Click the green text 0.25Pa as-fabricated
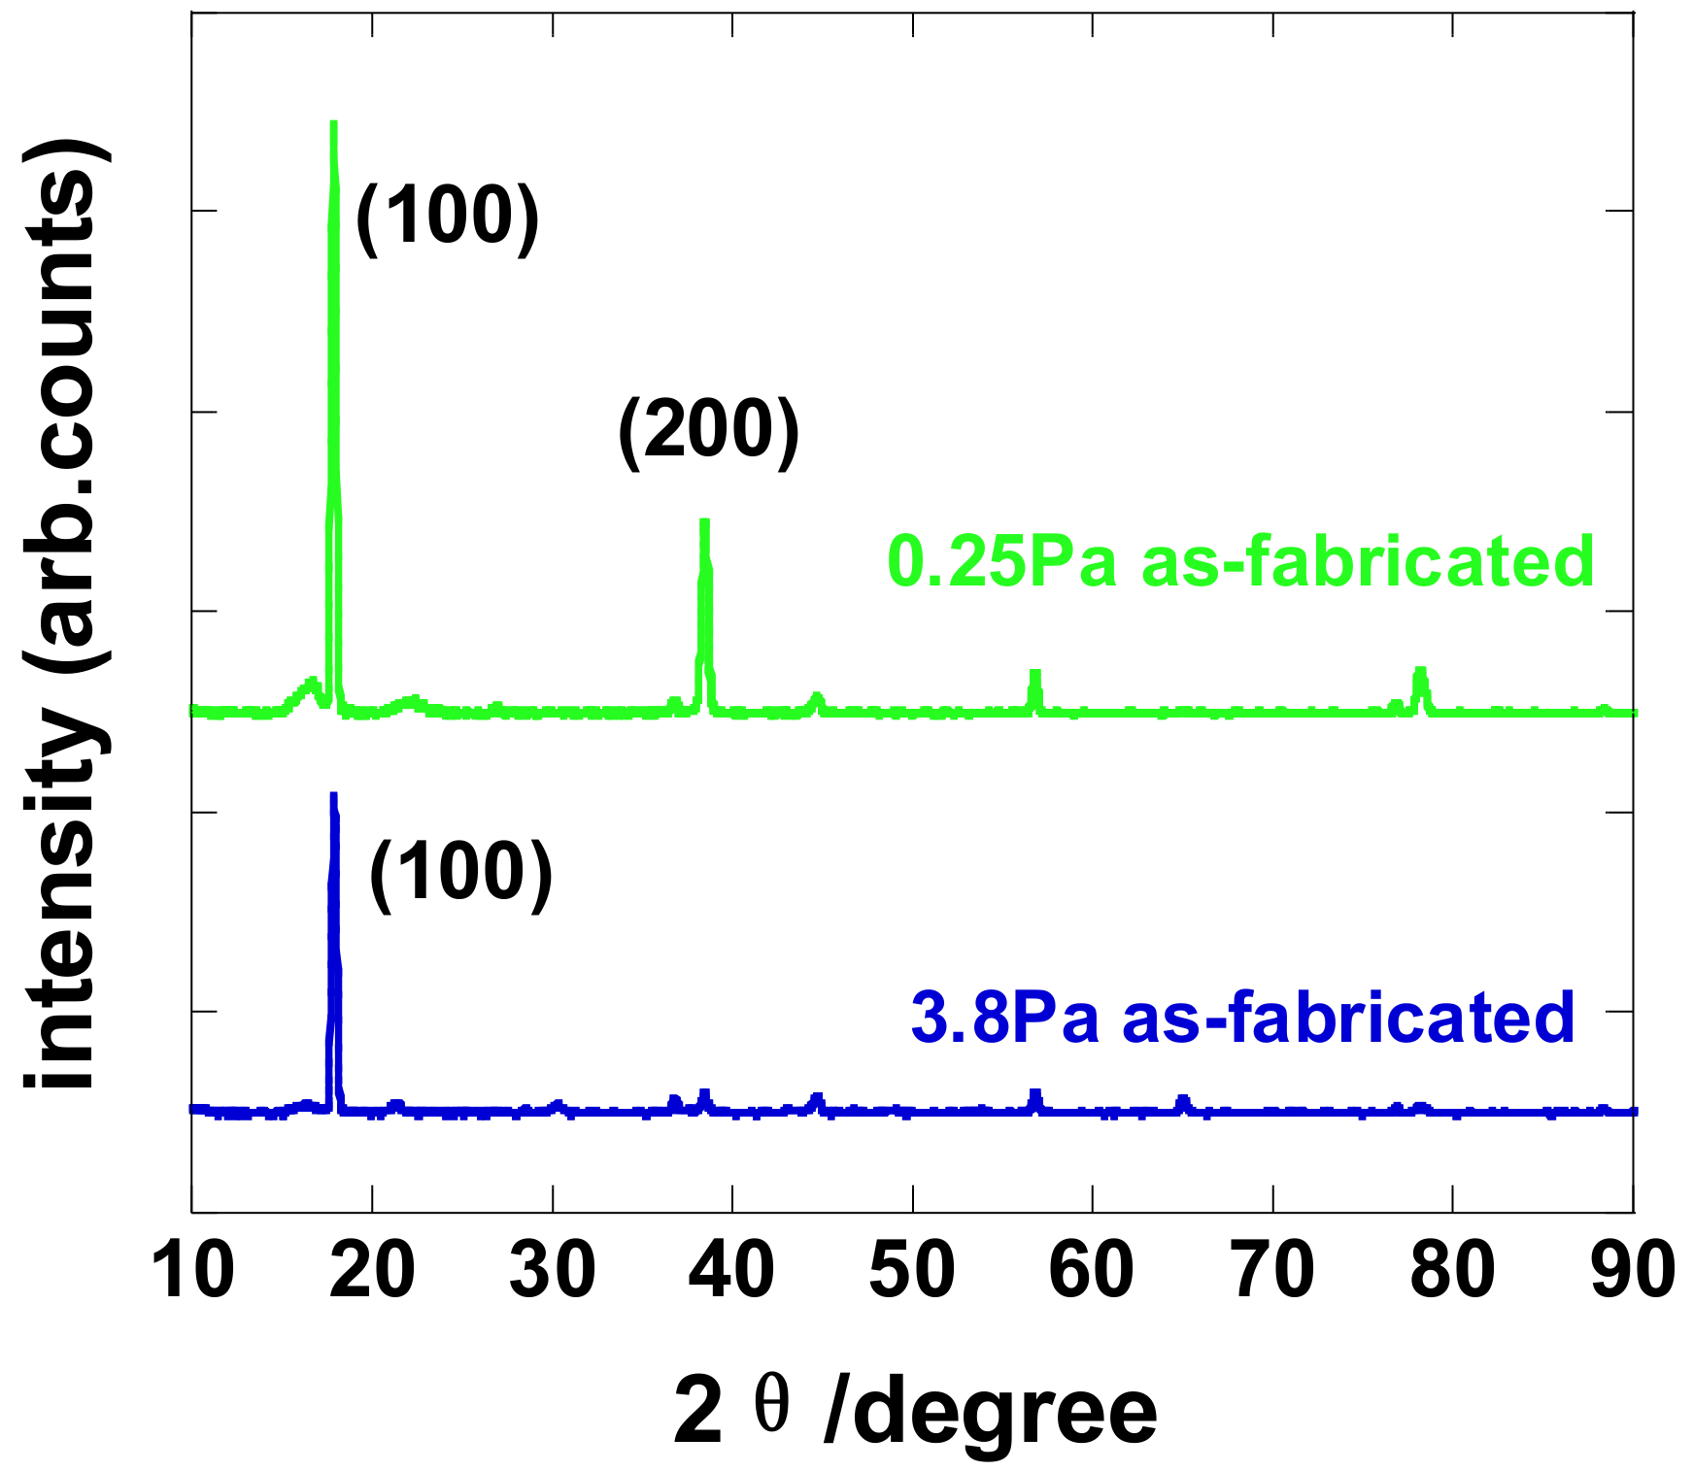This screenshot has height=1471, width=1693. pos(1240,562)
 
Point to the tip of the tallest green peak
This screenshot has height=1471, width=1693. pos(333,124)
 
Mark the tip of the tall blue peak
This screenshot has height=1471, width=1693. pos(333,795)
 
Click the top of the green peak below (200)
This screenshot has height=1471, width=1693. pos(704,522)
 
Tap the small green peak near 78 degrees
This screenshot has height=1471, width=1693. pos(1421,670)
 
